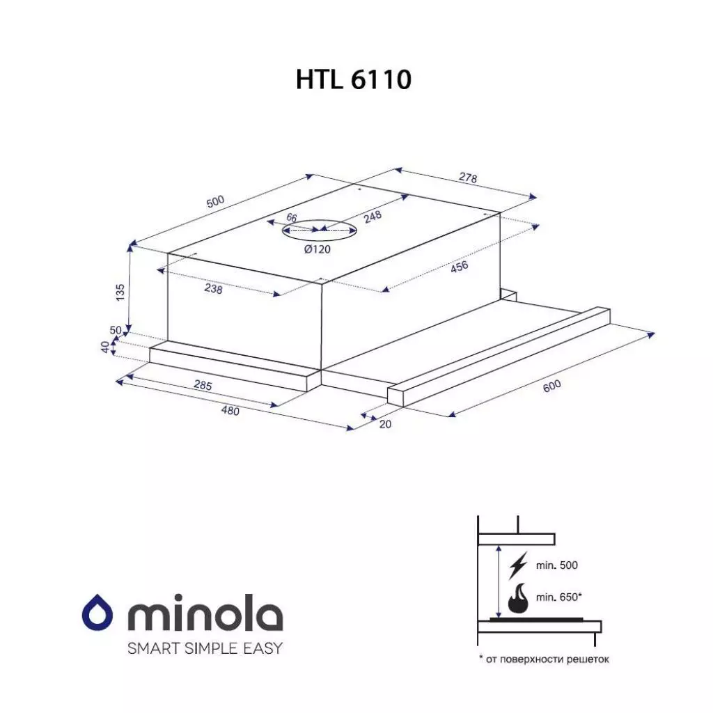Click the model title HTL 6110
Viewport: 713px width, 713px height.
coord(353,79)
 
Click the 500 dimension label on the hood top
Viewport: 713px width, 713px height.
coord(216,202)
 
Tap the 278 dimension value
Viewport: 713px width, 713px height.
coord(468,178)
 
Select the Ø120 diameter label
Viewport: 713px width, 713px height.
coord(318,250)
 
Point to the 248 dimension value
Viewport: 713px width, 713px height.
coord(373,217)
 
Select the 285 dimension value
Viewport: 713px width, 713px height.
coord(202,385)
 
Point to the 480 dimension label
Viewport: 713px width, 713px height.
coord(230,411)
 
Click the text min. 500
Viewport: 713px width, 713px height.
coord(557,566)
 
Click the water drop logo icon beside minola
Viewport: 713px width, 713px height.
coord(98,615)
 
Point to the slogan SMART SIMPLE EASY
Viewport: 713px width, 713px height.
coord(205,648)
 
